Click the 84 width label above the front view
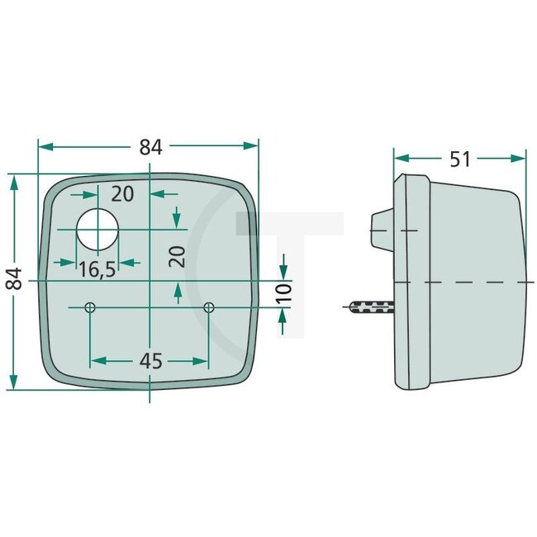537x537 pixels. pyautogui.click(x=150, y=147)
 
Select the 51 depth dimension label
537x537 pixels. pyautogui.click(x=459, y=159)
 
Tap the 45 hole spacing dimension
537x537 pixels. pyautogui.click(x=150, y=362)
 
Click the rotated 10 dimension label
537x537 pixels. pyautogui.click(x=283, y=292)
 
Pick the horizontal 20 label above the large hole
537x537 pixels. pyautogui.click(x=122, y=194)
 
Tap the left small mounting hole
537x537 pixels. pyautogui.click(x=90, y=307)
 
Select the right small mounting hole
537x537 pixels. pyautogui.click(x=208, y=307)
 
